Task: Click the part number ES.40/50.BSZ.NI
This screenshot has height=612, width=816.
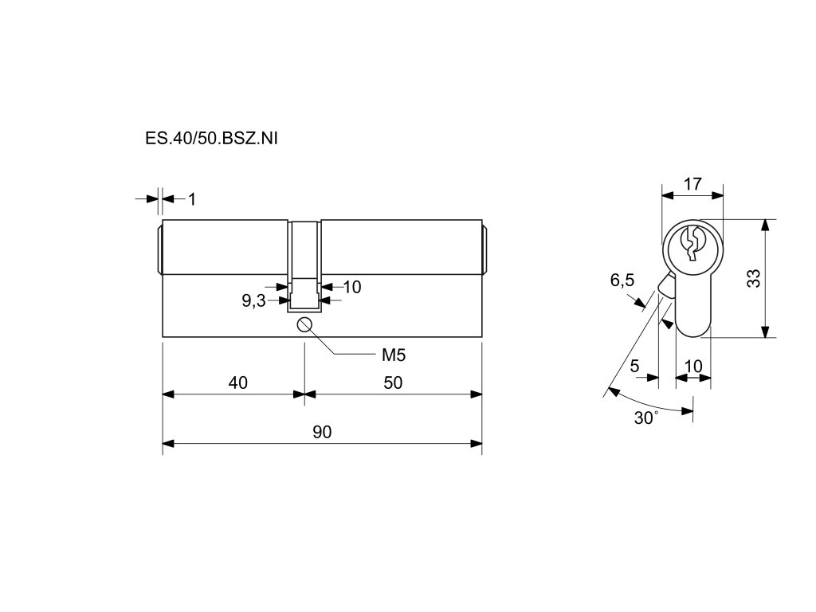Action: pos(211,138)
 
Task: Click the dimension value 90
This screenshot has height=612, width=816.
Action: pos(322,432)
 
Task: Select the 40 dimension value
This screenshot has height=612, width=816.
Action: pos(238,382)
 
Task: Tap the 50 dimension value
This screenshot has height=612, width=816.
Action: pos(393,382)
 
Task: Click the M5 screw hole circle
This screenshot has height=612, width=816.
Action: pos(304,324)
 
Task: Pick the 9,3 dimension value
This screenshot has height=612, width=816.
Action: pos(253,301)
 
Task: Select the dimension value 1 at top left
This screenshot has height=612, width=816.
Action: pos(191,198)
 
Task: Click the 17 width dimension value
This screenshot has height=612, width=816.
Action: pos(692,183)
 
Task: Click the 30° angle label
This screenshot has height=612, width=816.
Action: pos(646,418)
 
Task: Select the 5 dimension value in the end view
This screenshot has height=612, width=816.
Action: pos(634,367)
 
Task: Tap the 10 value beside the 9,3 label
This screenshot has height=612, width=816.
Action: pos(352,287)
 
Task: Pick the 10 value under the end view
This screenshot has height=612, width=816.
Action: pos(693,367)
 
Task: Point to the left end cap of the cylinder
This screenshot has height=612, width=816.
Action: pos(158,249)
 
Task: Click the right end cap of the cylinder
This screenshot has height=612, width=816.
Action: pos(486,249)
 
